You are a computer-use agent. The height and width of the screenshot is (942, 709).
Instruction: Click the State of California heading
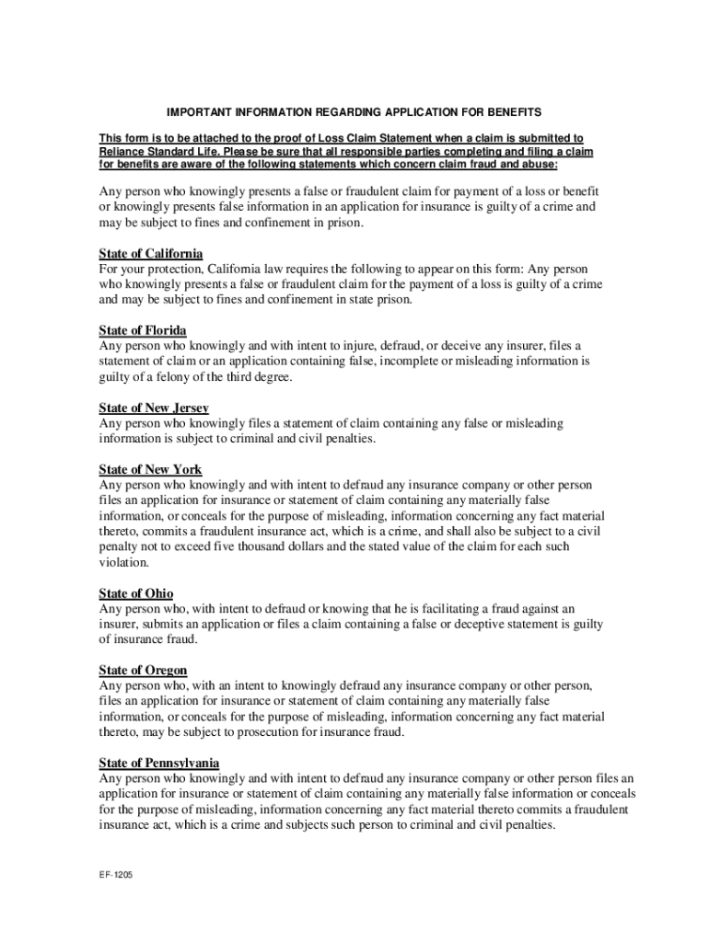click(x=151, y=253)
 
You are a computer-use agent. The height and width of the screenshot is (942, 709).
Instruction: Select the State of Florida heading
click(x=143, y=329)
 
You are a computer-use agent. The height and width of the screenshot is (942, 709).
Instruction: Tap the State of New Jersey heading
click(x=154, y=407)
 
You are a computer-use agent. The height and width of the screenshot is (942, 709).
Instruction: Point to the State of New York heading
click(x=150, y=469)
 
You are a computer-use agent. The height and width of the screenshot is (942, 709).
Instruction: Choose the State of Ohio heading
click(x=136, y=593)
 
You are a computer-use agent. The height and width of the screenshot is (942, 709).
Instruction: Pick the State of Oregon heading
click(x=143, y=671)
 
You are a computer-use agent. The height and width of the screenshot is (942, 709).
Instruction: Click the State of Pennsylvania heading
click(x=159, y=763)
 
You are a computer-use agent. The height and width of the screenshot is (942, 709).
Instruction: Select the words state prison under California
click(x=380, y=300)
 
